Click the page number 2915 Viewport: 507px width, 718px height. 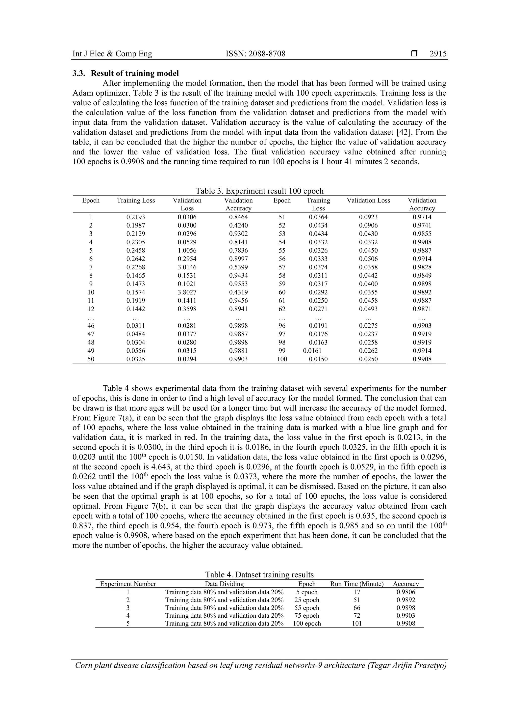[438, 54]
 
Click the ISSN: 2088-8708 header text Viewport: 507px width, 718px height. [255, 54]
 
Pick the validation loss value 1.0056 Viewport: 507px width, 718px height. [187, 251]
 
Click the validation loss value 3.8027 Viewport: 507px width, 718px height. [187, 292]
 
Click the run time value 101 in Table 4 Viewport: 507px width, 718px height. [357, 624]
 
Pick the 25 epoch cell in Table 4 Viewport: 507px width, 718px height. [306, 600]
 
